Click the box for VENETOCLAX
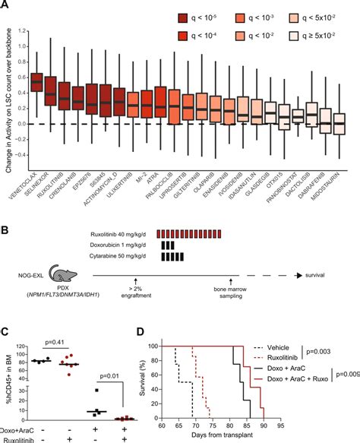pyautogui.click(x=36, y=80)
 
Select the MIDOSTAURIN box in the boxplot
pyautogui.click(x=339, y=124)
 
